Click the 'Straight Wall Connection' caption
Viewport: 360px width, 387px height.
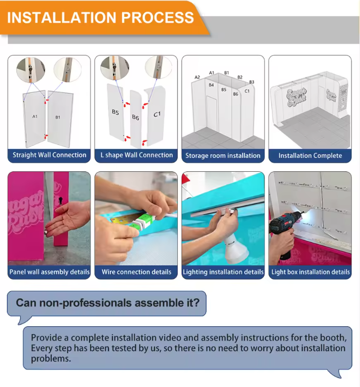click(49, 155)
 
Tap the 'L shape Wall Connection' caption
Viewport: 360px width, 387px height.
click(136, 155)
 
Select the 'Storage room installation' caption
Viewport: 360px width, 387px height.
click(223, 155)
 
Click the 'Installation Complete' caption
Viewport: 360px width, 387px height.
click(310, 155)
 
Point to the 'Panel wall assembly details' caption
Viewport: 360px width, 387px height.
click(49, 272)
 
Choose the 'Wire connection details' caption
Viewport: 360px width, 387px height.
click(136, 272)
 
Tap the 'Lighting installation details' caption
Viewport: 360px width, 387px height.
click(223, 272)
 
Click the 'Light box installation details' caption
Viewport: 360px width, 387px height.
click(310, 272)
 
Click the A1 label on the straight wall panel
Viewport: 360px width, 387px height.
click(35, 116)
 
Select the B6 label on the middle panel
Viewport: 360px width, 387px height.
click(135, 117)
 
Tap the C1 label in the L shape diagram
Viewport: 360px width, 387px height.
click(157, 114)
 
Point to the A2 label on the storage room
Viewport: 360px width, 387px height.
click(197, 77)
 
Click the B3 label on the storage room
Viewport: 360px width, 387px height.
click(252, 82)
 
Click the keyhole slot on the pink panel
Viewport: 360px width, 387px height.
click(61, 199)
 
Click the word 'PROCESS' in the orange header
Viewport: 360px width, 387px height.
click(158, 17)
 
